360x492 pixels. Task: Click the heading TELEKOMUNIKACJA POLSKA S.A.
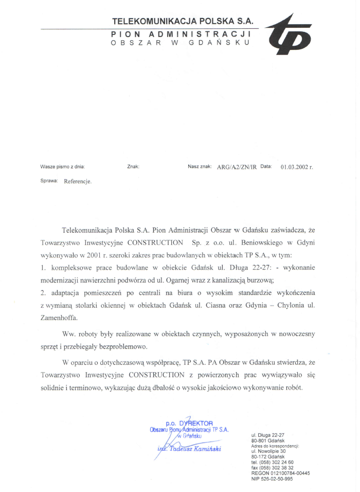coord(183,22)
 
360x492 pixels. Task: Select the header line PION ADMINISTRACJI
coord(181,33)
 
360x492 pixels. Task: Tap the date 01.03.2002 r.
coord(297,167)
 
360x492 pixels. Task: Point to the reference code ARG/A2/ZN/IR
coord(237,167)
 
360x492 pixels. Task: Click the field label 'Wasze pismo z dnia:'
coord(62,167)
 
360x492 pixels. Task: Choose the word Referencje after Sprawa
coord(78,182)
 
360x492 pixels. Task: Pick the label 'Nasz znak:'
coord(200,167)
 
